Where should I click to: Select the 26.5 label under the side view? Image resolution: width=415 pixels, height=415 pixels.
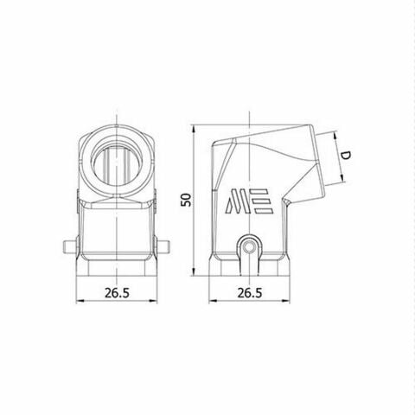(249, 292)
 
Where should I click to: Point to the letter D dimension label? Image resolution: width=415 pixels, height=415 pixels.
(344, 156)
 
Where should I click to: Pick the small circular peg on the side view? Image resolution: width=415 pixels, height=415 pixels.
(250, 246)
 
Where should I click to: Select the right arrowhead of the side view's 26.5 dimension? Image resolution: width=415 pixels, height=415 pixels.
(285, 302)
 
